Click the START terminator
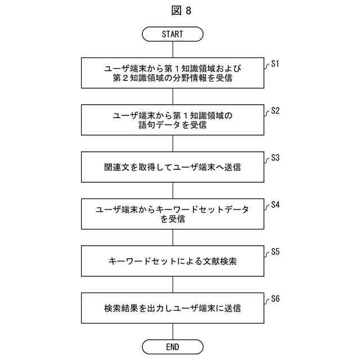point(173,34)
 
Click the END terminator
point(173,346)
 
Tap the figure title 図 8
point(179,10)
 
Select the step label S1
point(275,65)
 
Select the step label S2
point(275,111)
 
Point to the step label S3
point(275,158)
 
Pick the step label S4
point(275,205)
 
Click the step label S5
point(275,251)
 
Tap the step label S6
point(275,298)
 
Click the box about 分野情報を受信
point(173,74)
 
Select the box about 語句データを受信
point(173,120)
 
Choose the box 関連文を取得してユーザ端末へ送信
point(173,168)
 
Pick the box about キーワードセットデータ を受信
point(173,214)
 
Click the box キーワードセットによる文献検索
point(173,261)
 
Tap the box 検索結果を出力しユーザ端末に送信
point(173,308)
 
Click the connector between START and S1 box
point(173,49)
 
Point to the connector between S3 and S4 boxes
point(173,191)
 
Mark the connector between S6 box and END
point(173,331)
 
